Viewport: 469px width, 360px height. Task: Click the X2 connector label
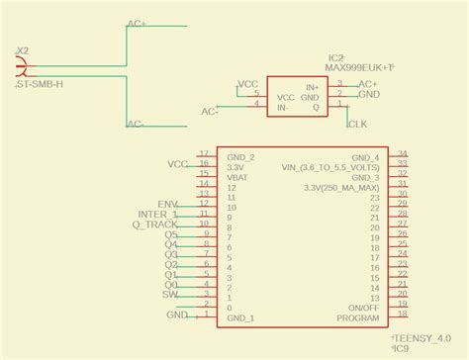click(22, 50)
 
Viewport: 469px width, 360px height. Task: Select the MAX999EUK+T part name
click(359, 67)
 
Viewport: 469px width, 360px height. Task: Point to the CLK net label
click(357, 124)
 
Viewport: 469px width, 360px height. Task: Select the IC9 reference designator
click(401, 348)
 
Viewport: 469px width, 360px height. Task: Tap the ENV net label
click(168, 204)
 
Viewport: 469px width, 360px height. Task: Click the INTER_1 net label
click(158, 215)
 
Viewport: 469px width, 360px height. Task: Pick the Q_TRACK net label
click(155, 225)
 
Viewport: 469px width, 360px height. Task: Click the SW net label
click(170, 295)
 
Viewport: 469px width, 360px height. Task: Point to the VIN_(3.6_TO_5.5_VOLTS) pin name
click(329, 167)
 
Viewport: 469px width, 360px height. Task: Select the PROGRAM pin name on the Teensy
click(357, 318)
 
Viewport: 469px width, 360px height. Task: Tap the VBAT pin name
click(237, 177)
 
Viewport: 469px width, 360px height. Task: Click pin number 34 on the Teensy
click(402, 153)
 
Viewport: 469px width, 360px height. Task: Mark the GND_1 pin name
click(240, 318)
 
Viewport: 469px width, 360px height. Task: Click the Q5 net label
click(171, 234)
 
